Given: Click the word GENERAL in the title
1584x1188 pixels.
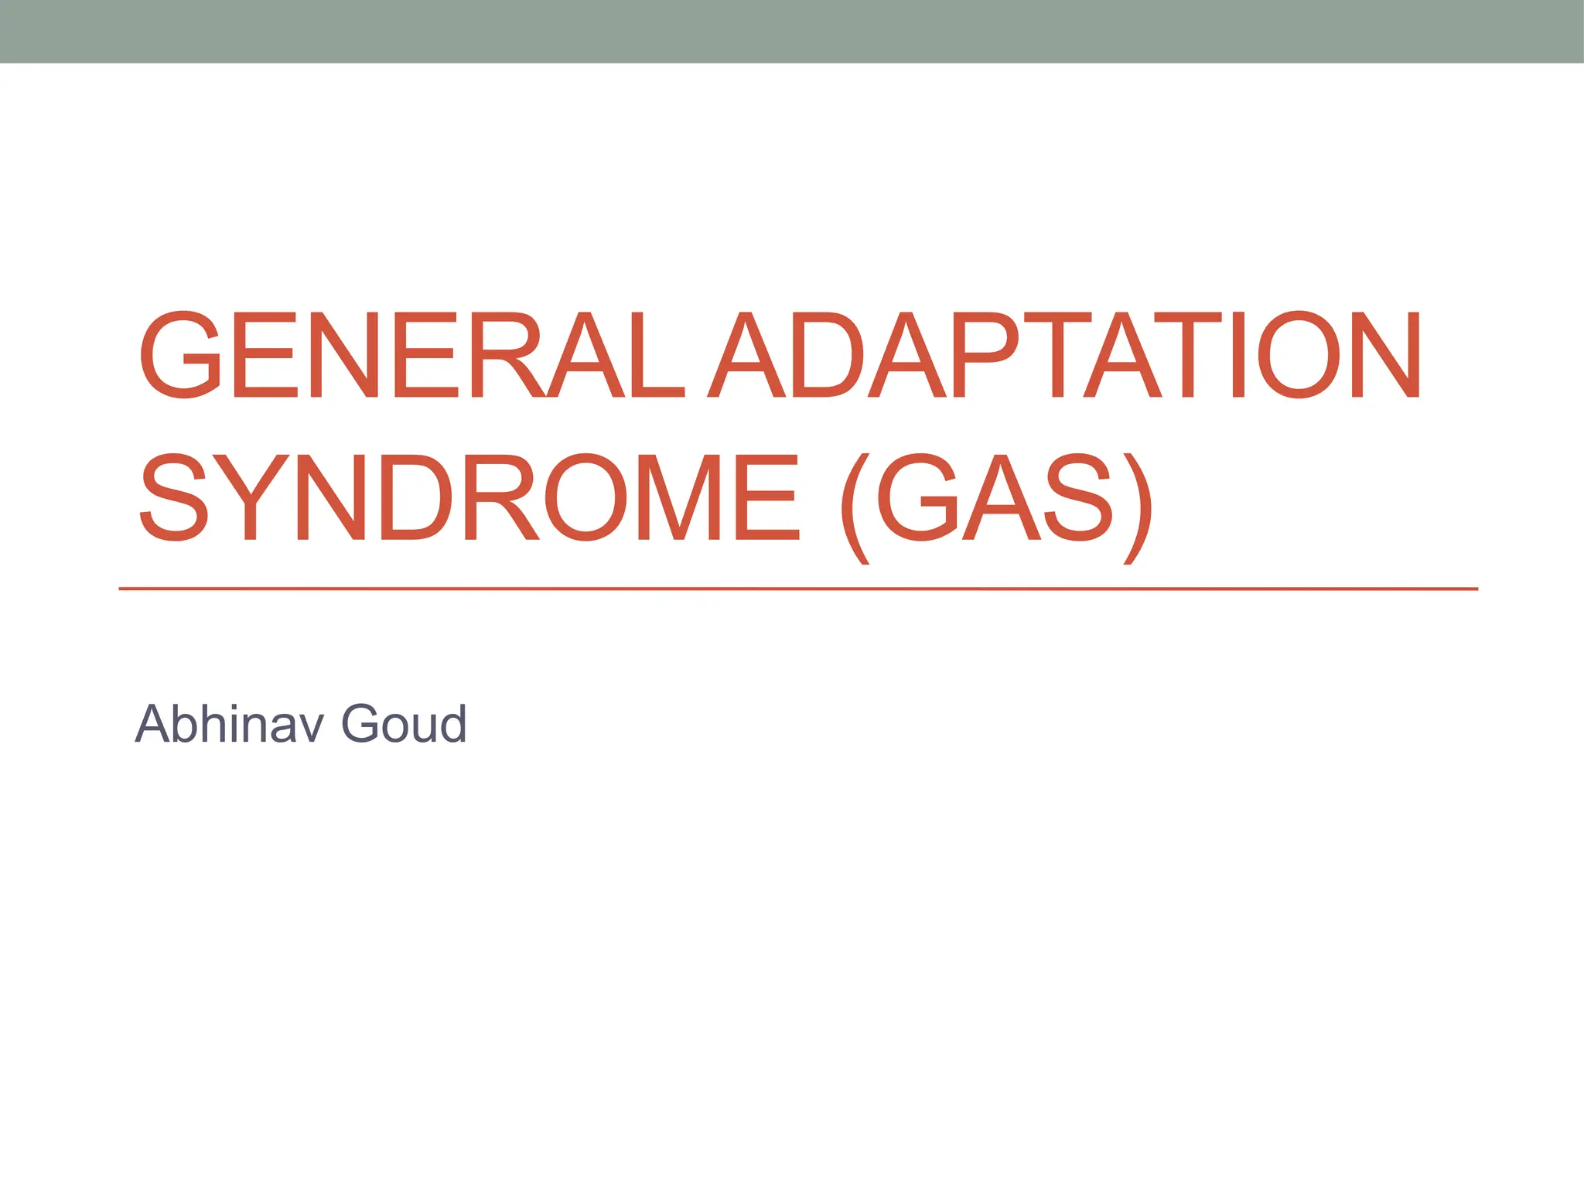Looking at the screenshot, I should (411, 355).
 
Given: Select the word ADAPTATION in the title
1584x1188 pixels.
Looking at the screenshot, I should (1064, 355).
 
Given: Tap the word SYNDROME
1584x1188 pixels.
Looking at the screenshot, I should (469, 497).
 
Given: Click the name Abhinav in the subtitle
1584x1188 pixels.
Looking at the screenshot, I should (229, 724).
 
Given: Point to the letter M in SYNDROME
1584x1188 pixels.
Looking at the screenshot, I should (678, 497).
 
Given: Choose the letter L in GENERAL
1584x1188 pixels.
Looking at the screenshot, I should (657, 355).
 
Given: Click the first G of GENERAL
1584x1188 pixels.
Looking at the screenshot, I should (180, 355).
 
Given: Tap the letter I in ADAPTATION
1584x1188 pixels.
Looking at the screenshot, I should (1237, 355).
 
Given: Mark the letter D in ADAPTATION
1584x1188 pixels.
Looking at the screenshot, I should (826, 355).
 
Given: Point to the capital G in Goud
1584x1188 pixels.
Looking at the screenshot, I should (364, 724).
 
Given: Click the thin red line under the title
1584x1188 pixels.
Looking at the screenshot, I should (797, 589).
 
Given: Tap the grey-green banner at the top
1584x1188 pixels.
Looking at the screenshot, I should (792, 31).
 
